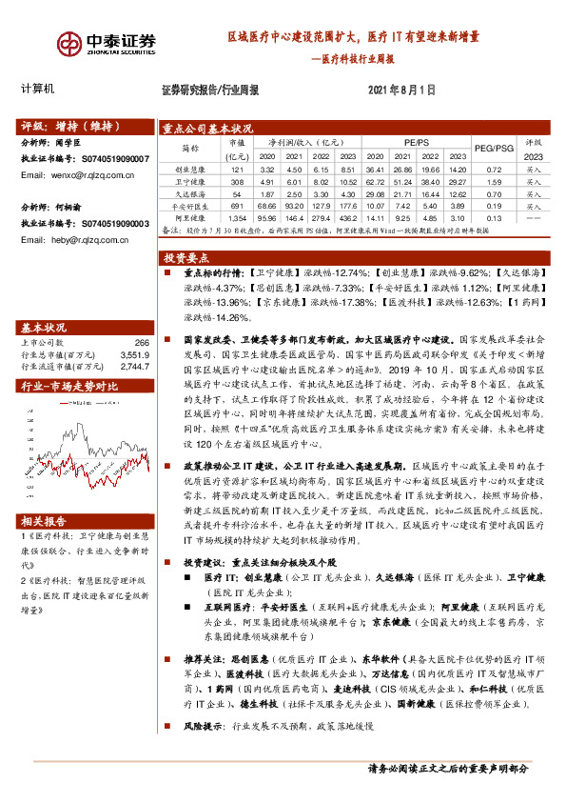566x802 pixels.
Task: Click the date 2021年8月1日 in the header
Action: tap(401, 90)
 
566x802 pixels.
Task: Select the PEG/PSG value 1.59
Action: tap(492, 180)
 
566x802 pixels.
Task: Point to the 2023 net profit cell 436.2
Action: tap(347, 218)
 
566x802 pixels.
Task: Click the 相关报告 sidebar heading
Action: tap(43, 521)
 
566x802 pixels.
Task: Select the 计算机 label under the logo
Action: tap(38, 89)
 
